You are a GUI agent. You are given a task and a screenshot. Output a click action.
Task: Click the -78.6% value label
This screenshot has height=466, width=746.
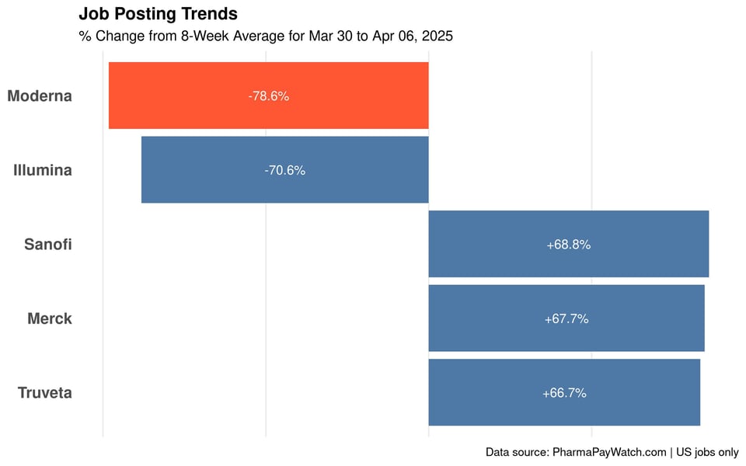pos(269,96)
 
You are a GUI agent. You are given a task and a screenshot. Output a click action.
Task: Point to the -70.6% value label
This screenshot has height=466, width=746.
pos(284,171)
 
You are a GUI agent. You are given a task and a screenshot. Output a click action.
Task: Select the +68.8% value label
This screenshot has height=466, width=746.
pos(568,245)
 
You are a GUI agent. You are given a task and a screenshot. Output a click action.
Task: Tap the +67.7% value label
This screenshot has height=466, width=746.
pos(566,319)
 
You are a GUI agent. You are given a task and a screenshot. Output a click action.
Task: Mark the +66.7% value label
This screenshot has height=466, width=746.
pos(564,393)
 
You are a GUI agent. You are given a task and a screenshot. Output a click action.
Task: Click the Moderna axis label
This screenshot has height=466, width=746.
pos(40,96)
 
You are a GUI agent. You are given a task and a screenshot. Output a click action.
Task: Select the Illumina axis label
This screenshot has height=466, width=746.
pos(43,170)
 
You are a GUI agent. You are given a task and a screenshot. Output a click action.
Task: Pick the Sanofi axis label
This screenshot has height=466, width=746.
pos(48,245)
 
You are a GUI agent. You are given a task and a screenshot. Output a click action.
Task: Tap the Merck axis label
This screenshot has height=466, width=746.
pos(50,318)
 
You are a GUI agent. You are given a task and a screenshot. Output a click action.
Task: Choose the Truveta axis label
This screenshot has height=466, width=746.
pos(45,393)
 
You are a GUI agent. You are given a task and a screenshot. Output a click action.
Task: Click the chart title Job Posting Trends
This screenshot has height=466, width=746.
pos(158,14)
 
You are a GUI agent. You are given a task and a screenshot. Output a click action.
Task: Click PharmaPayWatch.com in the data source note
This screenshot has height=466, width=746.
pos(609,452)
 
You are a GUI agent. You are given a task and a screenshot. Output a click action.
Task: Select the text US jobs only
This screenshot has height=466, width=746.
pos(707,452)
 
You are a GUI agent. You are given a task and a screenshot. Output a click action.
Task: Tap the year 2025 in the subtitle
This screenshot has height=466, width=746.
pos(437,36)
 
